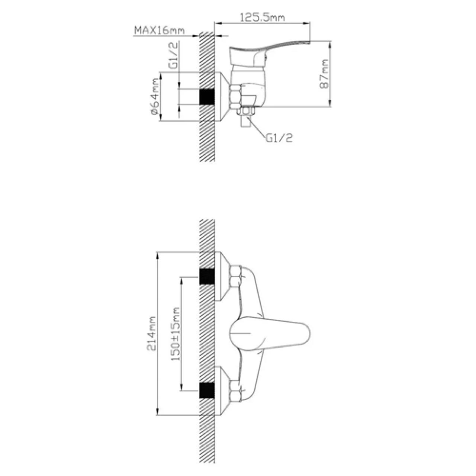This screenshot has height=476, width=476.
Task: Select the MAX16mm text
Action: click(159, 30)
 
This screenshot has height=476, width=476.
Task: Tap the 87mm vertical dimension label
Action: click(324, 74)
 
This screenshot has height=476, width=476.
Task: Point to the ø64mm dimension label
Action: click(154, 96)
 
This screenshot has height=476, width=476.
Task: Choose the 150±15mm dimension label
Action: click(176, 334)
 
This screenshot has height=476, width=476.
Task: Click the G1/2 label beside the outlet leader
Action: click(279, 138)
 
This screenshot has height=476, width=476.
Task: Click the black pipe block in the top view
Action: click(207, 96)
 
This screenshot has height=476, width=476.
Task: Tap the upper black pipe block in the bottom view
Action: click(207, 276)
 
